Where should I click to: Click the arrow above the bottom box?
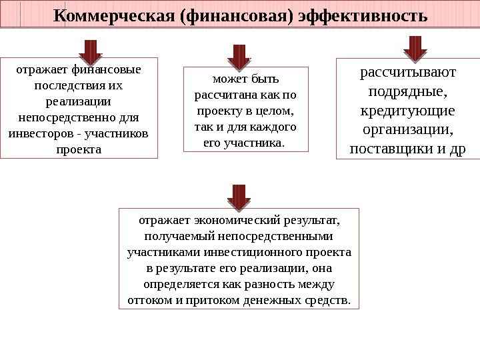(x=239, y=197)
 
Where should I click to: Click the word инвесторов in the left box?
(x=40, y=133)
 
